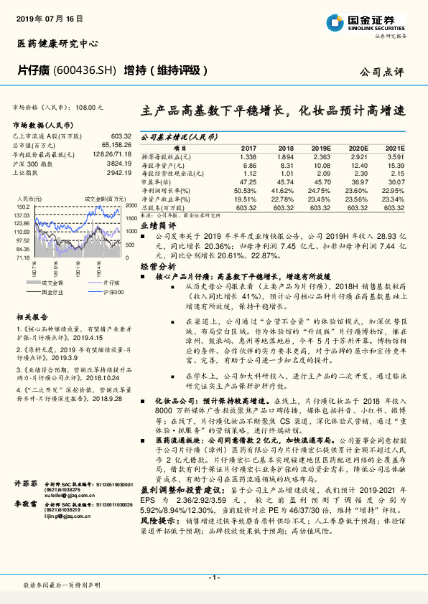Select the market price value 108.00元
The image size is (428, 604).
point(90,106)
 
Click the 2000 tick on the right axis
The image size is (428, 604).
point(129,205)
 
